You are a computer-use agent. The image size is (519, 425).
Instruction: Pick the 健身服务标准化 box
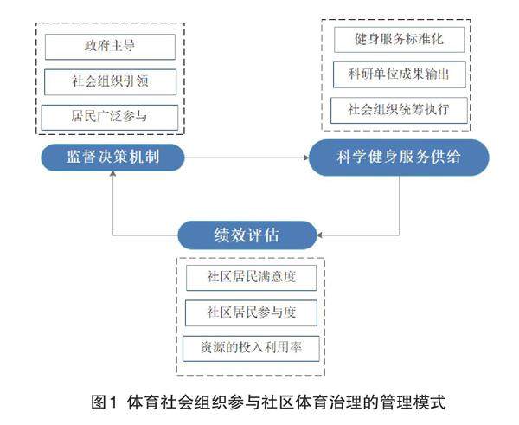399,39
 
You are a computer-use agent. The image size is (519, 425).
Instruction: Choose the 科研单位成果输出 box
399,74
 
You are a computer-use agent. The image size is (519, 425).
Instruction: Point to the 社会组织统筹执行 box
399,110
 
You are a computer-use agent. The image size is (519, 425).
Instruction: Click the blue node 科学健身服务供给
400,158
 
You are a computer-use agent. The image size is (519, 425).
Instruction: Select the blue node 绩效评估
246,235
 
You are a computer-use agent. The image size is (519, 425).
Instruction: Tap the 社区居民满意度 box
250,278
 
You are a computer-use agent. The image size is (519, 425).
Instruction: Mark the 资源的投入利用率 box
250,347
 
